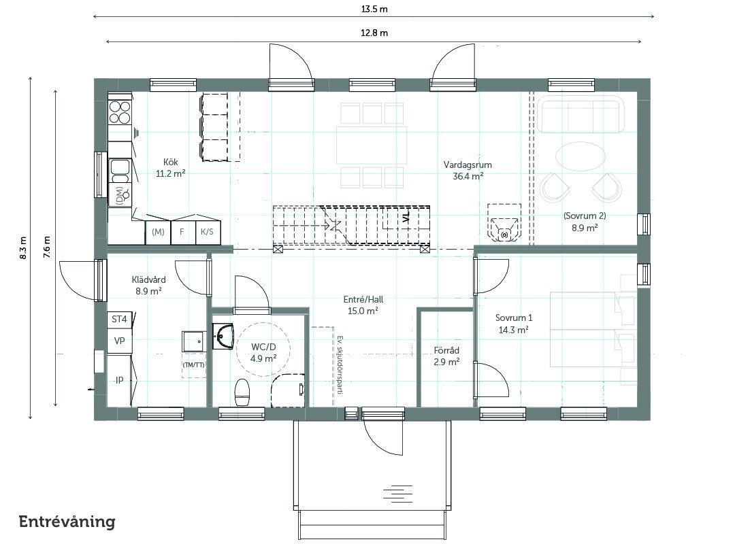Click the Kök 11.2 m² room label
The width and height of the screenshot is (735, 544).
171,168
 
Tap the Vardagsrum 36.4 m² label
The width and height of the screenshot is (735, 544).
468,171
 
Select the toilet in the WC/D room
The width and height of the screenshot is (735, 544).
242,392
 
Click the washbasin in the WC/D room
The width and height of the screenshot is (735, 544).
223,336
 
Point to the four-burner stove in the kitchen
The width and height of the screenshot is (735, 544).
120,112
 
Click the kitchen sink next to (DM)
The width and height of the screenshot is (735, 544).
120,171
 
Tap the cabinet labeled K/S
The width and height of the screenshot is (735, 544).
207,232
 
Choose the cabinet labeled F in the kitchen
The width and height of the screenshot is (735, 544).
182,232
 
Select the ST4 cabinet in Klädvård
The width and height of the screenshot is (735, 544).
120,320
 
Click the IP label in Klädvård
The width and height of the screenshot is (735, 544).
120,380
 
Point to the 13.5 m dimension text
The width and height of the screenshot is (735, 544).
374,9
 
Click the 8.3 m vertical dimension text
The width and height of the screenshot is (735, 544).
23,248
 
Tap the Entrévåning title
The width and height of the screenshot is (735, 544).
67,522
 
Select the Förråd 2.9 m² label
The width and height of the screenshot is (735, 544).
446,356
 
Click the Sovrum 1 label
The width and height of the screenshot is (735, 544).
514,318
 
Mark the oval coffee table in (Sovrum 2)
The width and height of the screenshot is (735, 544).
580,156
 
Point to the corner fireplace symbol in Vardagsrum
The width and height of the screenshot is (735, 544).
504,222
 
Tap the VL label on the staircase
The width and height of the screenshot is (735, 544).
406,216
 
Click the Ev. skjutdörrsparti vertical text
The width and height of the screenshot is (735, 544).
340,364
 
